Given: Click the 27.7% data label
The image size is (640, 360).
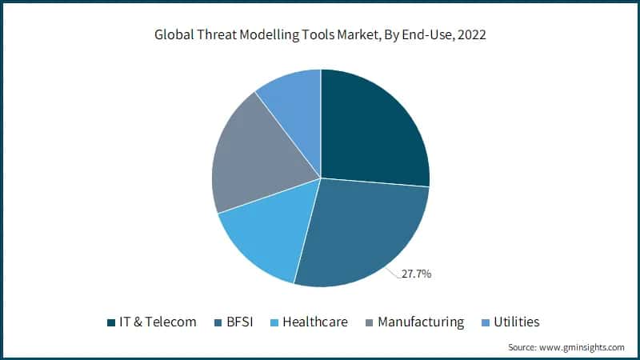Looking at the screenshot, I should click(416, 274).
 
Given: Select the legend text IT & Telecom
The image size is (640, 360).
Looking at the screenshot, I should click(158, 322).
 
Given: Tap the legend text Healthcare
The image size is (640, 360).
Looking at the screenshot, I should click(314, 322).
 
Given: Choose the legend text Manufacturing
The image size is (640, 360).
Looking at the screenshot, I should click(420, 322).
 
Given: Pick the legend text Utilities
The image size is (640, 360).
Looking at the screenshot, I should click(516, 322).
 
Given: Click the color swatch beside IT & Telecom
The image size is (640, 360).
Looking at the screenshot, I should click(111, 322).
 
